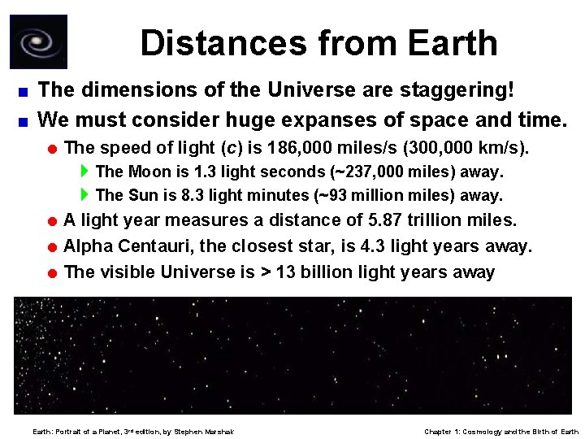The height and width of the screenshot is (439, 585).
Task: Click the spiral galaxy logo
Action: (x=38, y=41)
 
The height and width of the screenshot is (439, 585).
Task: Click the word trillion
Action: (x=444, y=220)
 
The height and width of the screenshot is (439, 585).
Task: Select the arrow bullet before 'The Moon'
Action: (x=85, y=172)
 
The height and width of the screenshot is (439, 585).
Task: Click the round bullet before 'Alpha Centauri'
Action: (x=51, y=246)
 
